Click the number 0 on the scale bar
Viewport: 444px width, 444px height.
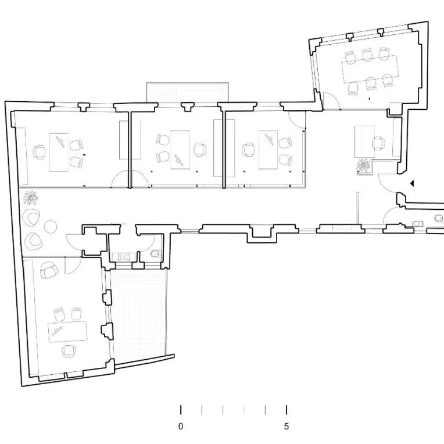click(181, 426)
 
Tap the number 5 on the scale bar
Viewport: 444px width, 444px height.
click(287, 426)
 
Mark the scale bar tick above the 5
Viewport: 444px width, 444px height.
click(287, 410)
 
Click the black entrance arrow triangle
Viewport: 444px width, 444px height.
click(412, 184)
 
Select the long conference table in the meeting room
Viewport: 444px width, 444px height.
click(370, 69)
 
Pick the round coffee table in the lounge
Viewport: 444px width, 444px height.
click(51, 226)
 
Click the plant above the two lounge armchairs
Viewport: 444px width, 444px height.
click(31, 198)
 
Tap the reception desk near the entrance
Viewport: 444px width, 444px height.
click(365, 142)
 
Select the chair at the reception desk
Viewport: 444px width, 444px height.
click(378, 142)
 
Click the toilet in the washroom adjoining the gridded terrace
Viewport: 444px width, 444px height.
click(155, 253)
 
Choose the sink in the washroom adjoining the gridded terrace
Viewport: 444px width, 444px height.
click(123, 257)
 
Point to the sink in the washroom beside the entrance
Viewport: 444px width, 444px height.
click(418, 224)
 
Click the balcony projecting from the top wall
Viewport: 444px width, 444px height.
click(188, 92)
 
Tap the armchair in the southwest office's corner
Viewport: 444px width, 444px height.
click(49, 270)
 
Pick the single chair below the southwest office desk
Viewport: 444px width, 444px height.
click(69, 351)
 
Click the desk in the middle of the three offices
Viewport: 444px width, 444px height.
click(180, 150)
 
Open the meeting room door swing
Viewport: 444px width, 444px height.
click(331, 101)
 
